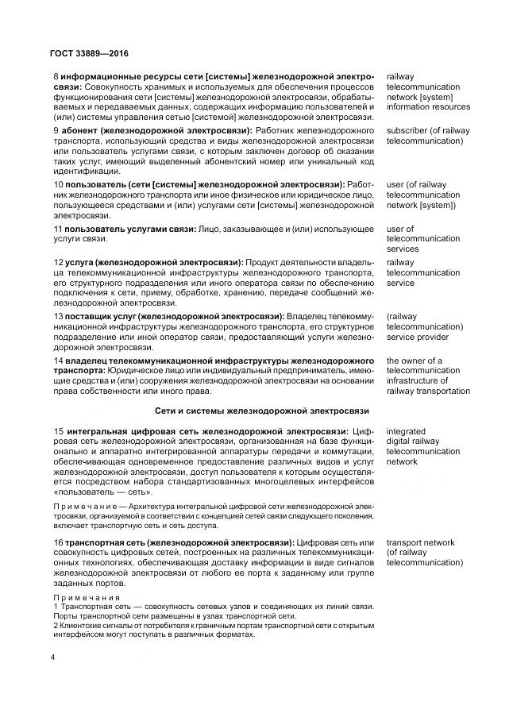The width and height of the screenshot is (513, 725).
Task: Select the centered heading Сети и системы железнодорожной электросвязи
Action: [x=261, y=411]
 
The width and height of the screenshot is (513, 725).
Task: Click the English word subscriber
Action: [x=410, y=130]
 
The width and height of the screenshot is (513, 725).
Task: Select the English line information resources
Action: [x=428, y=107]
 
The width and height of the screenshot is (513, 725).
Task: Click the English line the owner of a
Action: [x=414, y=361]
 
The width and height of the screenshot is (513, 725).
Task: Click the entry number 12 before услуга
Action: [x=58, y=261]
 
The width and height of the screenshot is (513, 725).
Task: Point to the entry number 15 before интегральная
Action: [x=58, y=430]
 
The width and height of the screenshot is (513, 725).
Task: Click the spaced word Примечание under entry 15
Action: [x=85, y=505]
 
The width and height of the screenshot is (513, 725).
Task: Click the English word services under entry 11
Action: [x=403, y=249]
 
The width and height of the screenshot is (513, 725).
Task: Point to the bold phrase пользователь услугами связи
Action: [x=130, y=229]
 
